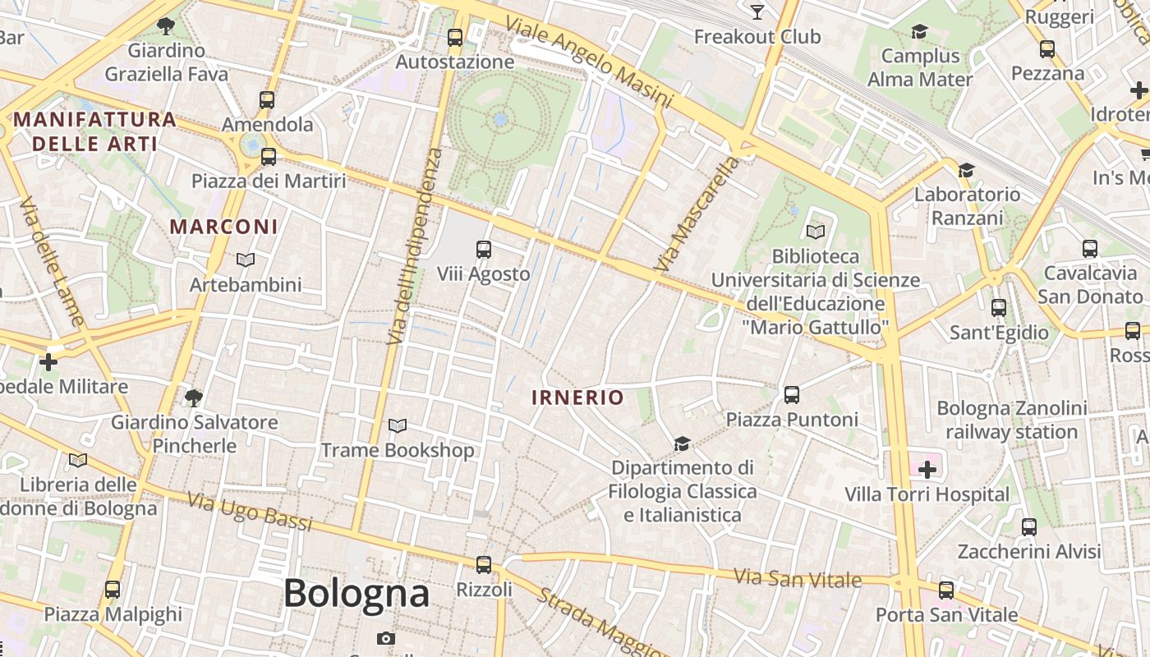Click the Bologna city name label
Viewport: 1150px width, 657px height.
356,593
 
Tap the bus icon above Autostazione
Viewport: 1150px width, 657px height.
455,38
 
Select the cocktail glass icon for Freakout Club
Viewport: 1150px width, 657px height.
757,11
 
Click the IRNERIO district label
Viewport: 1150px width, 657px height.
577,397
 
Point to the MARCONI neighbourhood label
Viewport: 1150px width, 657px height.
223,226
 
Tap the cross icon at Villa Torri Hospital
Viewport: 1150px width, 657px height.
927,470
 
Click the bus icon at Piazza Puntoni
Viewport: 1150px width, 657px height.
792,395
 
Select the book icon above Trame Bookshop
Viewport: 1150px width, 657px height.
398,426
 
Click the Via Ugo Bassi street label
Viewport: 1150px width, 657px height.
250,510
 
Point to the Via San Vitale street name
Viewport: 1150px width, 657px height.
798,579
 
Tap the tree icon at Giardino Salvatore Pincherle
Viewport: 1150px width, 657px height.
194,398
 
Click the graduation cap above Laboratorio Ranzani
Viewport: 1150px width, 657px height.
967,170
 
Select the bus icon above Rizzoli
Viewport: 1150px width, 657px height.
484,565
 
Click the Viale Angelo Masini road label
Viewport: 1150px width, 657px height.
588,61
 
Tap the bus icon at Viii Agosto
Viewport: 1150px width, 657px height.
484,249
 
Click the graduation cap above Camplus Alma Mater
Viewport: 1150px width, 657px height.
920,32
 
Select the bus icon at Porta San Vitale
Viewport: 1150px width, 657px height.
946,590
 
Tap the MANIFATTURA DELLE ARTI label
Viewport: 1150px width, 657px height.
94,131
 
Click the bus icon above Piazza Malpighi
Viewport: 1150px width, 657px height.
113,590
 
